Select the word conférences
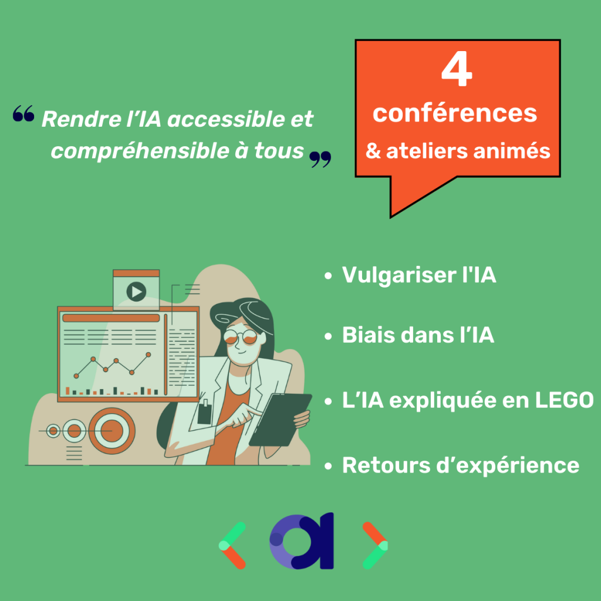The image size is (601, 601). (455, 113)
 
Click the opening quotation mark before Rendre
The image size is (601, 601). (23, 113)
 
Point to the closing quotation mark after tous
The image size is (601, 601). (320, 160)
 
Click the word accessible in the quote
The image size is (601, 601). (224, 119)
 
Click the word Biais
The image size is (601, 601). (367, 335)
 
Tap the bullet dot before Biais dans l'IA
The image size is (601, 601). (328, 336)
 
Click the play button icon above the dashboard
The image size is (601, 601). (136, 292)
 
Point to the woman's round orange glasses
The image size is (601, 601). (240, 337)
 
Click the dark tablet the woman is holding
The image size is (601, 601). (280, 420)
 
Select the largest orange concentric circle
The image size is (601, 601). (112, 431)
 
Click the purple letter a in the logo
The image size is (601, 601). (302, 541)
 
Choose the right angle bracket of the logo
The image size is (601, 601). (375, 545)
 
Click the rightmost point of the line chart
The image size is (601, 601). (148, 354)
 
